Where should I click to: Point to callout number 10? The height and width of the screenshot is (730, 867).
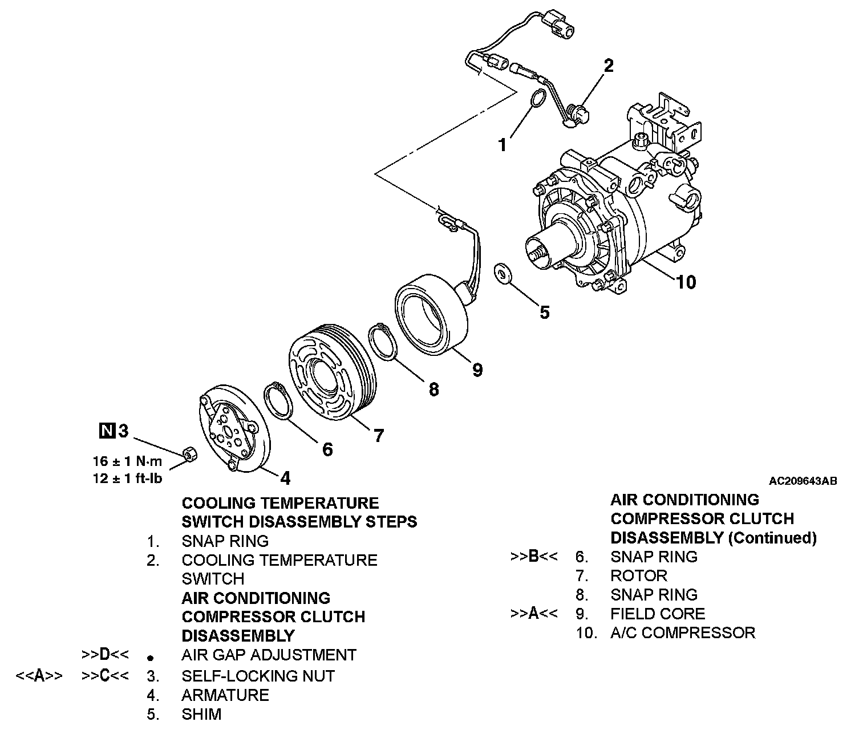tap(686, 282)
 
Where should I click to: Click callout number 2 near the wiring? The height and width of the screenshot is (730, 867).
tap(609, 66)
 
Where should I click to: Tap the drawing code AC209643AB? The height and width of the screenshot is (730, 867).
tap(803, 481)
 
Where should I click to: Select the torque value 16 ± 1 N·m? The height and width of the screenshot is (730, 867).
tap(127, 461)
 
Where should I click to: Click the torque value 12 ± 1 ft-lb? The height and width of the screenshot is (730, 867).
tap(127, 478)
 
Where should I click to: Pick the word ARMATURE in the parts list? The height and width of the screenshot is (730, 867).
tap(225, 695)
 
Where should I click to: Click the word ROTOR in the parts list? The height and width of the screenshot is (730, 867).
tap(638, 575)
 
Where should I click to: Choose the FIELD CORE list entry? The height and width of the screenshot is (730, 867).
tap(657, 614)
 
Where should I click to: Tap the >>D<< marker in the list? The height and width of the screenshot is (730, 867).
tap(105, 655)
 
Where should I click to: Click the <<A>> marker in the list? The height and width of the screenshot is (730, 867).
tap(39, 676)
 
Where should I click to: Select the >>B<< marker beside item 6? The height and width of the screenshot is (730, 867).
tap(534, 557)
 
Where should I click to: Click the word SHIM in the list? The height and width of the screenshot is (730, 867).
tap(201, 714)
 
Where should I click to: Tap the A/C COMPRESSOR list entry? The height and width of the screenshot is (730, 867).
tap(682, 632)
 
